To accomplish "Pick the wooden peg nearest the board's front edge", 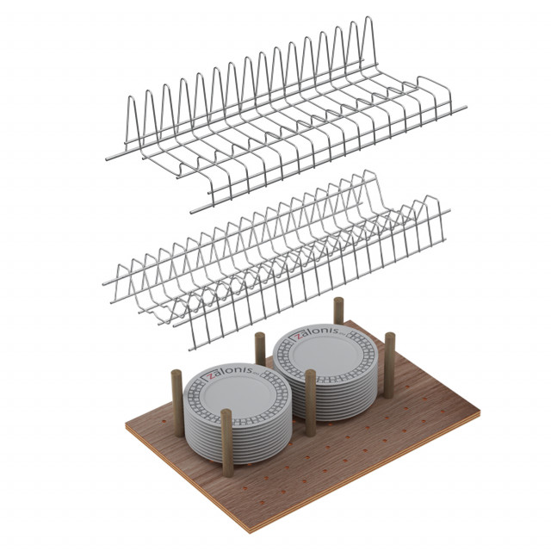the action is click(x=227, y=443).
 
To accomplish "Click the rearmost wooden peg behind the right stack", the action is click(x=338, y=311).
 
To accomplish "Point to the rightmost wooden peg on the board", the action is click(x=389, y=365).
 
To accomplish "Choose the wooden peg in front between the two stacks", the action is click(x=310, y=403).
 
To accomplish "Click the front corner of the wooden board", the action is click(x=251, y=533).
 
